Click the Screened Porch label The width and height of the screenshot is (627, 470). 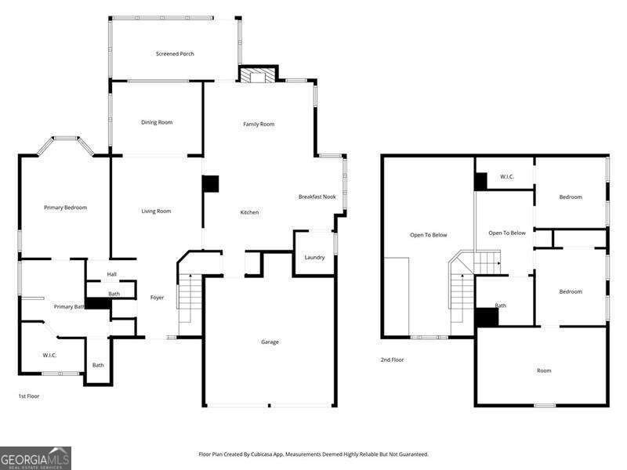pos(175,54)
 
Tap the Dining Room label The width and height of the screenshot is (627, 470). pos(157,122)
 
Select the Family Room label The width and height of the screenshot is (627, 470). pos(259,124)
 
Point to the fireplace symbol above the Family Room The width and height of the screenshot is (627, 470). pos(258,75)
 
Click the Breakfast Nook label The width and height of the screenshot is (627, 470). pos(317,197)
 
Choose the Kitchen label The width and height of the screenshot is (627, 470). pos(249,212)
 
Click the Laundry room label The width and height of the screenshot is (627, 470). pos(314,257)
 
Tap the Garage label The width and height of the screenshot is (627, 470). pos(270,342)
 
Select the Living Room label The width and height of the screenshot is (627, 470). pos(156,211)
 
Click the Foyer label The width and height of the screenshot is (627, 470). pos(157,297)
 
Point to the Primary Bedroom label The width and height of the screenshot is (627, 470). pos(65,208)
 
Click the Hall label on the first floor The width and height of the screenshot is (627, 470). pos(111,274)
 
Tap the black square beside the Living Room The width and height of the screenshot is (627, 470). pos(210,184)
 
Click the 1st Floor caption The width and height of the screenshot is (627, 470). pos(29,396)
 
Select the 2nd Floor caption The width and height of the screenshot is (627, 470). pos(392,360)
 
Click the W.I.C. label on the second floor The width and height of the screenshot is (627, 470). pos(507,177)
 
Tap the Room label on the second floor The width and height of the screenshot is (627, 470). pos(543,371)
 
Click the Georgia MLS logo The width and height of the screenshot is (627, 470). pos(35,457)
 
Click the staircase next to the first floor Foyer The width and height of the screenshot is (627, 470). pos(190,302)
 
